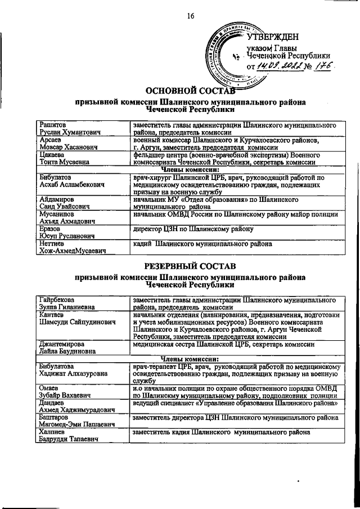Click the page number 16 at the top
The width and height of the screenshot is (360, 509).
(191, 16)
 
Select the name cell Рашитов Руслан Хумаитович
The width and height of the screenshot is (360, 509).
(80, 128)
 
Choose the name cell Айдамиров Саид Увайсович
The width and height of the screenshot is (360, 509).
(80, 203)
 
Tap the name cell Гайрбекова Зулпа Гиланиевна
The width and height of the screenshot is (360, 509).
(80, 304)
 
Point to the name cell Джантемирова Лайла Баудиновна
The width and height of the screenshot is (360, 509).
(80, 347)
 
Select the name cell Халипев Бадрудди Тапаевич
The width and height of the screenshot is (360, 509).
(80, 436)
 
